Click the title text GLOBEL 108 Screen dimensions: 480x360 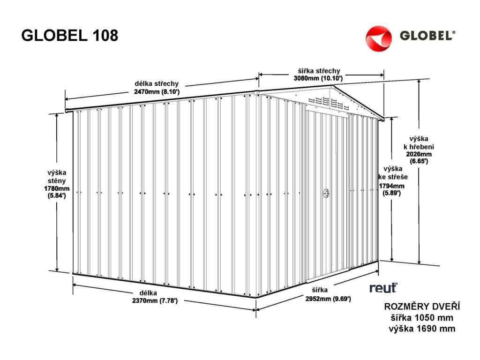pos(70,36)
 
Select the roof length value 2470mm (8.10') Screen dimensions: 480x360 pos(157,92)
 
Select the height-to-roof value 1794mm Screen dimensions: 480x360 pos(392,186)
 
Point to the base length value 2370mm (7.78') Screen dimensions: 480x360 pos(155,301)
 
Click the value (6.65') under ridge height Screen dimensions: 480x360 pos(419,160)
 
